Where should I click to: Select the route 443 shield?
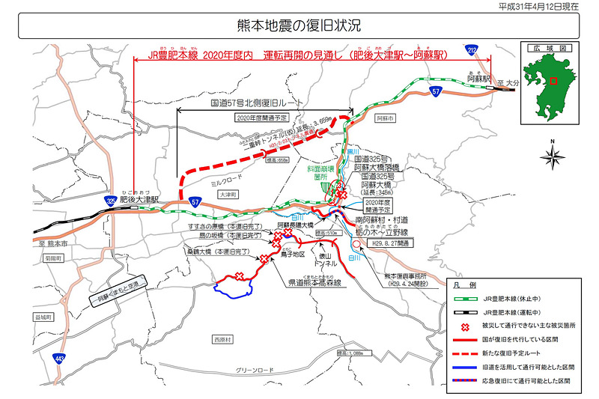tap(58, 360)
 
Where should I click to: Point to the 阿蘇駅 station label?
tap(477, 78)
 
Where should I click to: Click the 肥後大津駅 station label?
tap(135, 201)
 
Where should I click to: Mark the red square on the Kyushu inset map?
tap(553, 81)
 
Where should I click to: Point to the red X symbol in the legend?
tap(464, 327)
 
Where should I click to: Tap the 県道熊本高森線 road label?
tap(315, 283)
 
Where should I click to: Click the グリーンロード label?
tap(257, 371)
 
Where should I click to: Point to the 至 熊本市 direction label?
tap(53, 244)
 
